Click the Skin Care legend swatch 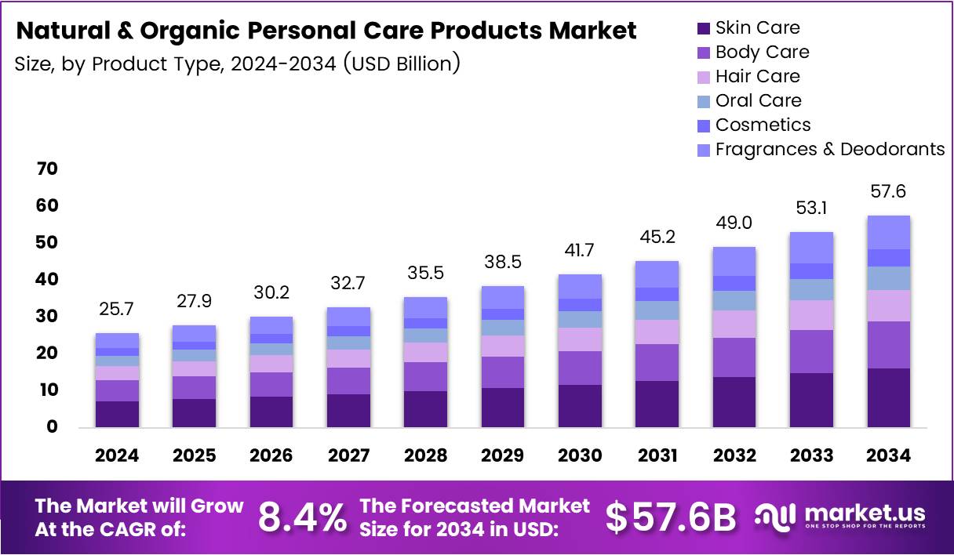(x=703, y=28)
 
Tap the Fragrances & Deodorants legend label (x=830, y=149)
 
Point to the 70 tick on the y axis (x=46, y=169)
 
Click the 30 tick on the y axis (x=46, y=316)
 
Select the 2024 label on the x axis (x=118, y=456)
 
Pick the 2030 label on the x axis (x=580, y=456)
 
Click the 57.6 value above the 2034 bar (x=888, y=192)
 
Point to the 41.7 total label (x=580, y=251)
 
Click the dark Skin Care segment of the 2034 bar (x=888, y=397)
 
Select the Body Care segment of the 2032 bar (x=734, y=357)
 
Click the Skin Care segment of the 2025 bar (x=195, y=412)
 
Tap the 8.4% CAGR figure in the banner (x=302, y=517)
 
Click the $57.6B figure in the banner (x=672, y=517)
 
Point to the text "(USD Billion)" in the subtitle (x=400, y=63)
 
